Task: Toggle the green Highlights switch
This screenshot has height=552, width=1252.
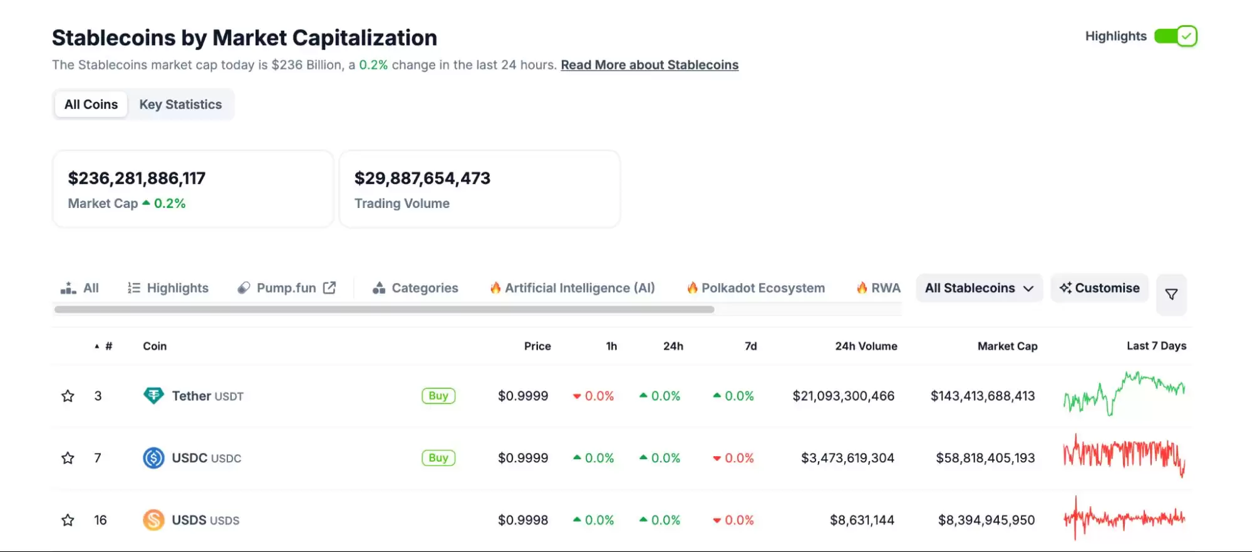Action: coord(1176,36)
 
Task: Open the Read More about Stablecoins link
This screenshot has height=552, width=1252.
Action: coord(649,65)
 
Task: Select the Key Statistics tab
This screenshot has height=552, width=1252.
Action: coord(180,105)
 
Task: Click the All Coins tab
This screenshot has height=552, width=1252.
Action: coord(91,105)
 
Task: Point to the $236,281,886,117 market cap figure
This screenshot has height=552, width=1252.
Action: coord(137,179)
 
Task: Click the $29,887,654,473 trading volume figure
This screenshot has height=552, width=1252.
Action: coord(422,179)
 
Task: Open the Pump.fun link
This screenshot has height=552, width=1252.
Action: coord(287,288)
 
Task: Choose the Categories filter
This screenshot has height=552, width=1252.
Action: coord(416,288)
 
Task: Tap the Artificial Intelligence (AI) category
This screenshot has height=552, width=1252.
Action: coord(572,288)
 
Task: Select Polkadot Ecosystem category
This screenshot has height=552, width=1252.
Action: coord(756,288)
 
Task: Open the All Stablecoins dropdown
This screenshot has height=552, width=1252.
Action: coord(979,288)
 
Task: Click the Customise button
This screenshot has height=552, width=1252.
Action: coord(1099,288)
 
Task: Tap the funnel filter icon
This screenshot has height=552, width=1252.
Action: coord(1171,294)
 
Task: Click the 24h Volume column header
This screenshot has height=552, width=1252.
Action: coord(866,346)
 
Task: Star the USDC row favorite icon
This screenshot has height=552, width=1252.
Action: coord(68,458)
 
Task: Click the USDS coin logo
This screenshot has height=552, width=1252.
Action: coord(153,520)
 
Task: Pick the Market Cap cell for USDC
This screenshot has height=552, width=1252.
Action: coord(985,458)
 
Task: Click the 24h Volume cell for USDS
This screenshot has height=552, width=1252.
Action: coord(862,520)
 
